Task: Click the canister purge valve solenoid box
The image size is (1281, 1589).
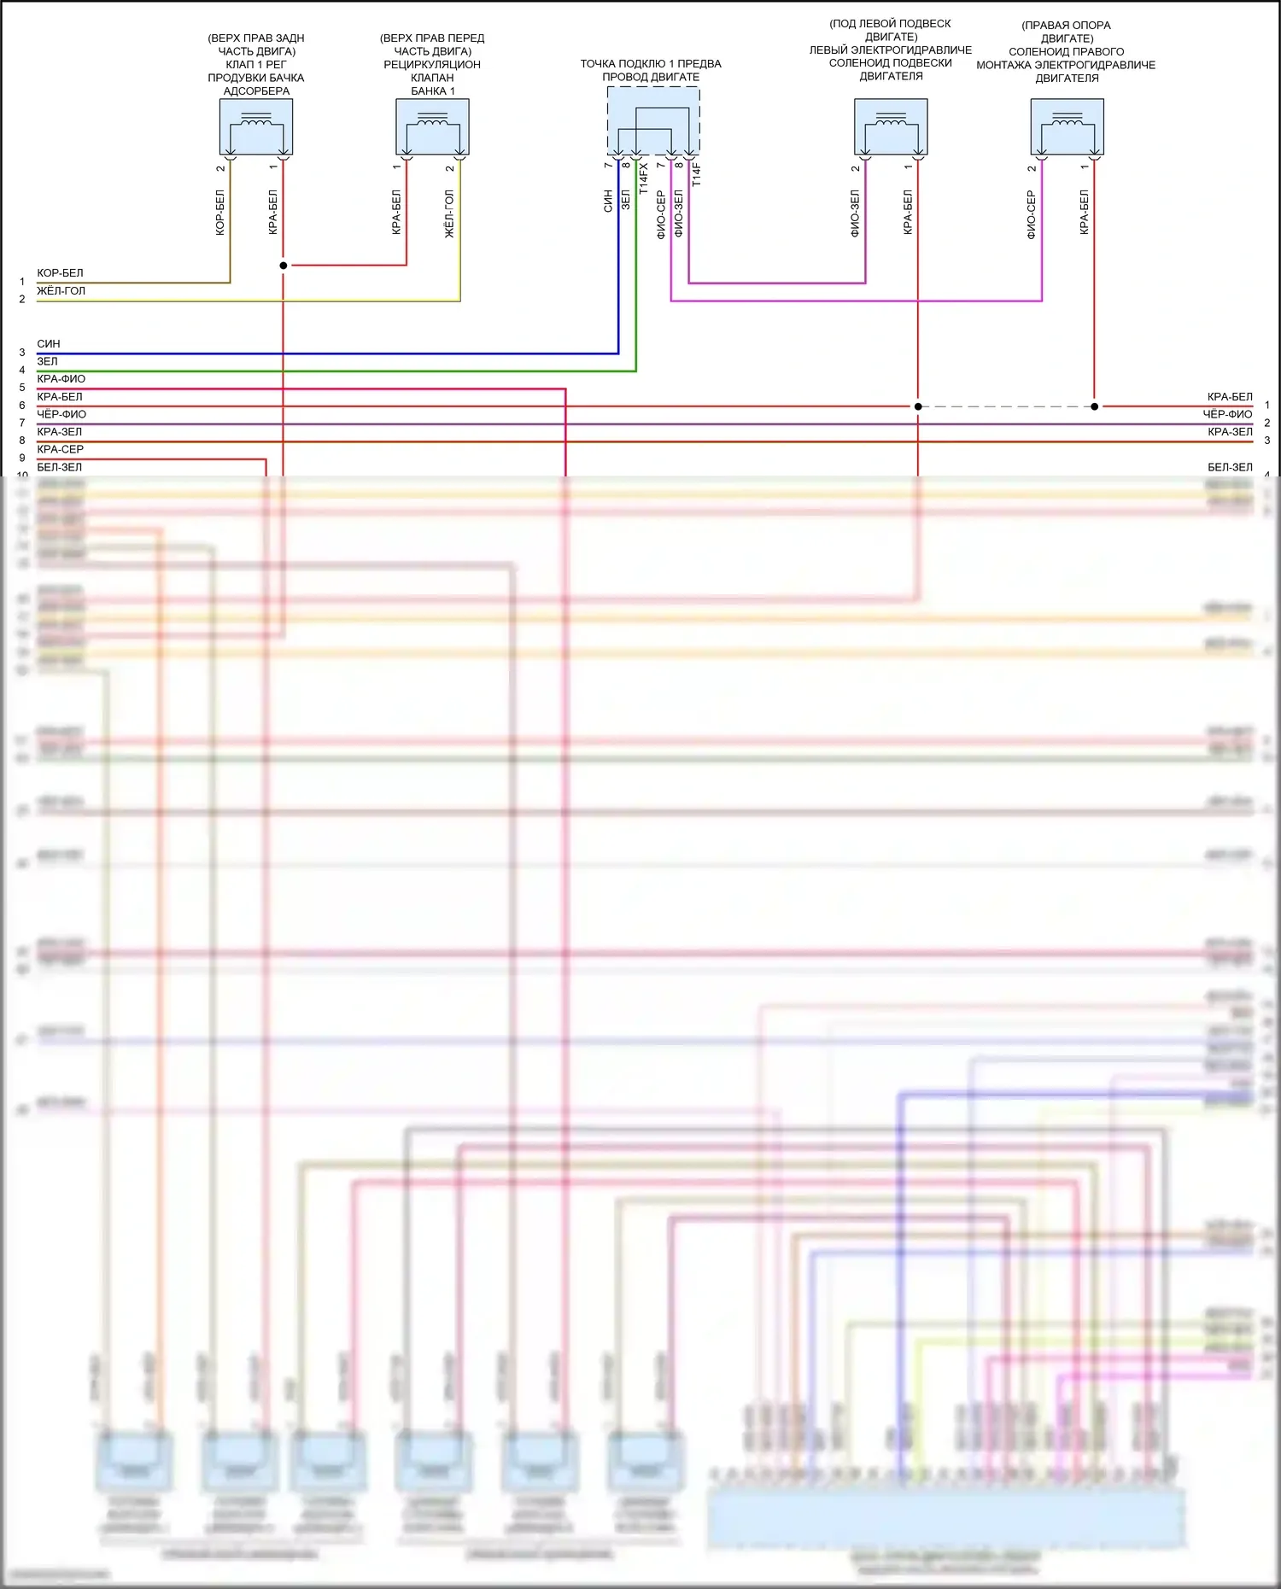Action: [x=256, y=126]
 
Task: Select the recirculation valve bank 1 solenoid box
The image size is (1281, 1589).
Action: [x=432, y=126]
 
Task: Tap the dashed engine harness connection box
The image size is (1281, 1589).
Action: [x=653, y=120]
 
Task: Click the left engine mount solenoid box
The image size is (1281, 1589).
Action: [x=891, y=126]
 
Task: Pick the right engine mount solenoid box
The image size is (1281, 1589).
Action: [x=1067, y=126]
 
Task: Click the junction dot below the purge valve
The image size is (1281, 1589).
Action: [x=284, y=266]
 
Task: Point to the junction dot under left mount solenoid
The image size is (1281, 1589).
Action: [x=918, y=406]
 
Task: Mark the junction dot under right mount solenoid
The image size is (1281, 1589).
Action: [x=1095, y=406]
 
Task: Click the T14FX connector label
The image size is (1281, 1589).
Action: [x=644, y=178]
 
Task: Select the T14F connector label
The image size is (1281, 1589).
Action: [x=696, y=174]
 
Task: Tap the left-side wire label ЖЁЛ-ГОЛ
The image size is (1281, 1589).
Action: [x=61, y=291]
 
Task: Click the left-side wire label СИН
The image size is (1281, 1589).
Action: [x=49, y=344]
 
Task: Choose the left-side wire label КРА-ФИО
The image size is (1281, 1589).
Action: [x=61, y=379]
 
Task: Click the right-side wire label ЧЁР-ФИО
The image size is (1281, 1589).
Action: [x=1227, y=414]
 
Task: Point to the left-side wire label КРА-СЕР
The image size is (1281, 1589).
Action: [x=60, y=449]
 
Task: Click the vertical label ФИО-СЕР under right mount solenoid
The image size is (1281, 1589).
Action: [x=1031, y=214]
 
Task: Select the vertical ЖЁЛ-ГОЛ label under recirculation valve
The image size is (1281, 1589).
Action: [x=449, y=213]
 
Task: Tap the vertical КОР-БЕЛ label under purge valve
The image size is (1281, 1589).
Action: [x=220, y=213]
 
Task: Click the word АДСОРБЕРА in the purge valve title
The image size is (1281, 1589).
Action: [x=256, y=91]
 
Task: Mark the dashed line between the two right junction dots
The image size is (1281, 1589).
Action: [x=1006, y=406]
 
